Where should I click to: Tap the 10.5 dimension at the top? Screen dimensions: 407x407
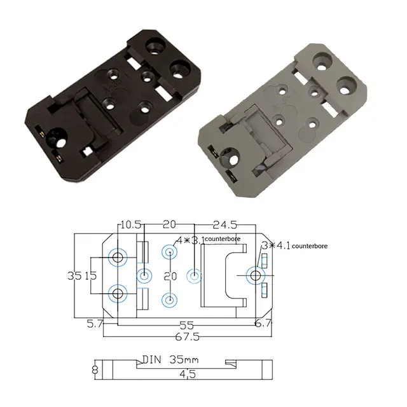pos(130,224)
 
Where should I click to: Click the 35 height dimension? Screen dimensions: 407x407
pos(74,276)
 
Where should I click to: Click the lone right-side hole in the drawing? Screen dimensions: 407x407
pos(256,275)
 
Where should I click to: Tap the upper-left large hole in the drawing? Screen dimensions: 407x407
pos(118,257)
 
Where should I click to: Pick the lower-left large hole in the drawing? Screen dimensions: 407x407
pos(118,294)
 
